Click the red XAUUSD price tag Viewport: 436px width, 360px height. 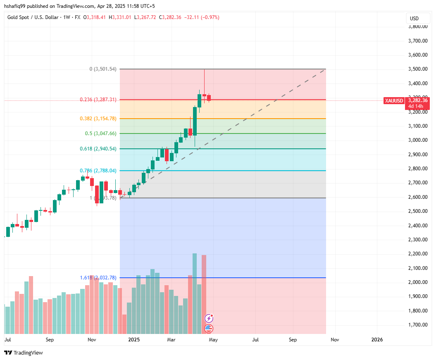click(393, 100)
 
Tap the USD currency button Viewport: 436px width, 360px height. click(414, 18)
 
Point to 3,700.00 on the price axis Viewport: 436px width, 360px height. click(418, 41)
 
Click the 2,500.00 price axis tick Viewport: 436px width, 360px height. click(418, 211)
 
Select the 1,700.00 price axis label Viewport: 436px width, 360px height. click(418, 325)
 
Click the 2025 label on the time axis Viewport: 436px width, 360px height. click(134, 340)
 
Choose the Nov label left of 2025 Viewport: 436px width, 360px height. click(92, 340)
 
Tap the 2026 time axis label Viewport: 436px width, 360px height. click(377, 340)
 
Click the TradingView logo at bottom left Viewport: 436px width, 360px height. click(24, 353)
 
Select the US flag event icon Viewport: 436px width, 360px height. click(209, 329)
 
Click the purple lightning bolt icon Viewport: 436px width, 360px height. click(209, 318)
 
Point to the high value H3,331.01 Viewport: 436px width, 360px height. click(120, 17)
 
